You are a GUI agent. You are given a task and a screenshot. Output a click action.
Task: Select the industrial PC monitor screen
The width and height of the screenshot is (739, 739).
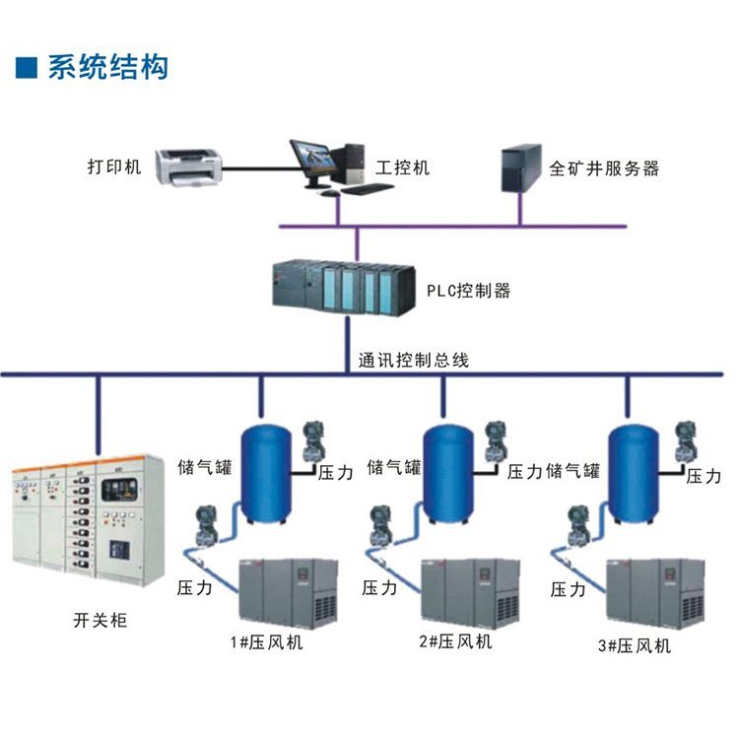[313, 158]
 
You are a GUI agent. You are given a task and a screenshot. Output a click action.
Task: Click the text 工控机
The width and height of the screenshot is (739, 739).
[403, 167]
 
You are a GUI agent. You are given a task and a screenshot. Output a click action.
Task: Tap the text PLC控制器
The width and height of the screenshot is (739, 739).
[468, 291]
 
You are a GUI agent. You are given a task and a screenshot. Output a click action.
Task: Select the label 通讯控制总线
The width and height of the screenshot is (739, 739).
[414, 360]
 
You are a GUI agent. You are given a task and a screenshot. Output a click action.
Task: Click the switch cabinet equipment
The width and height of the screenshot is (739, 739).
[86, 519]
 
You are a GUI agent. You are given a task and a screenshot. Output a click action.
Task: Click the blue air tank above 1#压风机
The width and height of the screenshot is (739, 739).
[266, 473]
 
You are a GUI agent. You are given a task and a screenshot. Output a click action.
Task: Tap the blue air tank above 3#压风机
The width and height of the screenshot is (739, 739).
[633, 473]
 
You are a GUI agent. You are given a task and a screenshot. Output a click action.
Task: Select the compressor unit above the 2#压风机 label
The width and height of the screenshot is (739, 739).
[472, 592]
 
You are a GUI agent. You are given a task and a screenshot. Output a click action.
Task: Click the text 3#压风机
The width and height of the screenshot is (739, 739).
[635, 646]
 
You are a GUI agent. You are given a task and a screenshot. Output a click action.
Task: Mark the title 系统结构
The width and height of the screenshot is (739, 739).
[108, 67]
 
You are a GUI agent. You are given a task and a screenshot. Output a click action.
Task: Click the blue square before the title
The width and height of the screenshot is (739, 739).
[28, 67]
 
